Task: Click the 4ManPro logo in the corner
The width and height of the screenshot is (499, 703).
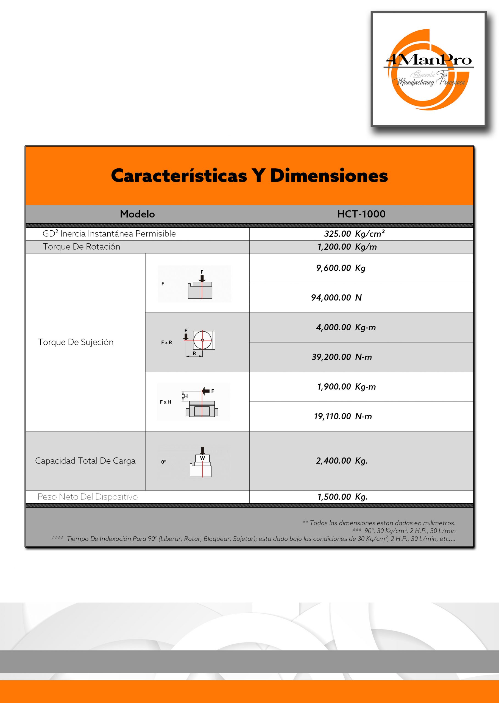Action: click(428, 69)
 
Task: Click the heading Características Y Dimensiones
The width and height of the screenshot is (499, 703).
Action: click(249, 176)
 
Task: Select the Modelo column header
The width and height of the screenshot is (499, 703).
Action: click(137, 214)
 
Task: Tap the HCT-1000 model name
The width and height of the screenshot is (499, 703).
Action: click(361, 214)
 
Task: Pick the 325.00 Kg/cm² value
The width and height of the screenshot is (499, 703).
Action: click(354, 234)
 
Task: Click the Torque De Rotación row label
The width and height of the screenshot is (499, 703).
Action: click(81, 247)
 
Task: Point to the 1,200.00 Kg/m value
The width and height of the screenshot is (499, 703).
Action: click(347, 247)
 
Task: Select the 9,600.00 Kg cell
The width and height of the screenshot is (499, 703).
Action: click(341, 268)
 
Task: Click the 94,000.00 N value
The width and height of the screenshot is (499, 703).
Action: click(336, 297)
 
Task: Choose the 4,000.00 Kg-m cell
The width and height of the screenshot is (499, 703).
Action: click(346, 327)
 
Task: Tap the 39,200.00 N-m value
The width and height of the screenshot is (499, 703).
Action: click(342, 357)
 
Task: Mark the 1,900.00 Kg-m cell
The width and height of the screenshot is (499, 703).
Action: click(346, 387)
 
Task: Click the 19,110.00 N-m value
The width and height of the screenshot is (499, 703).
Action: click(343, 416)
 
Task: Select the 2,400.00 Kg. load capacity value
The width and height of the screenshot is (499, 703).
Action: click(342, 461)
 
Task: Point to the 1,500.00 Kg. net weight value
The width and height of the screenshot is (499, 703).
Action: click(342, 497)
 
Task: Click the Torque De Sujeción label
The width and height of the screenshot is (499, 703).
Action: click(76, 342)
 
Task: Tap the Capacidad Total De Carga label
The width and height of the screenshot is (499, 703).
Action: click(85, 461)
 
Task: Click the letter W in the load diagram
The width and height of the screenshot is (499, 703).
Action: click(202, 458)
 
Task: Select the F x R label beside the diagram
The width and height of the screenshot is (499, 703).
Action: click(166, 342)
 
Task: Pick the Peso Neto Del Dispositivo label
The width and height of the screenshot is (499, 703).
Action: click(88, 497)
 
